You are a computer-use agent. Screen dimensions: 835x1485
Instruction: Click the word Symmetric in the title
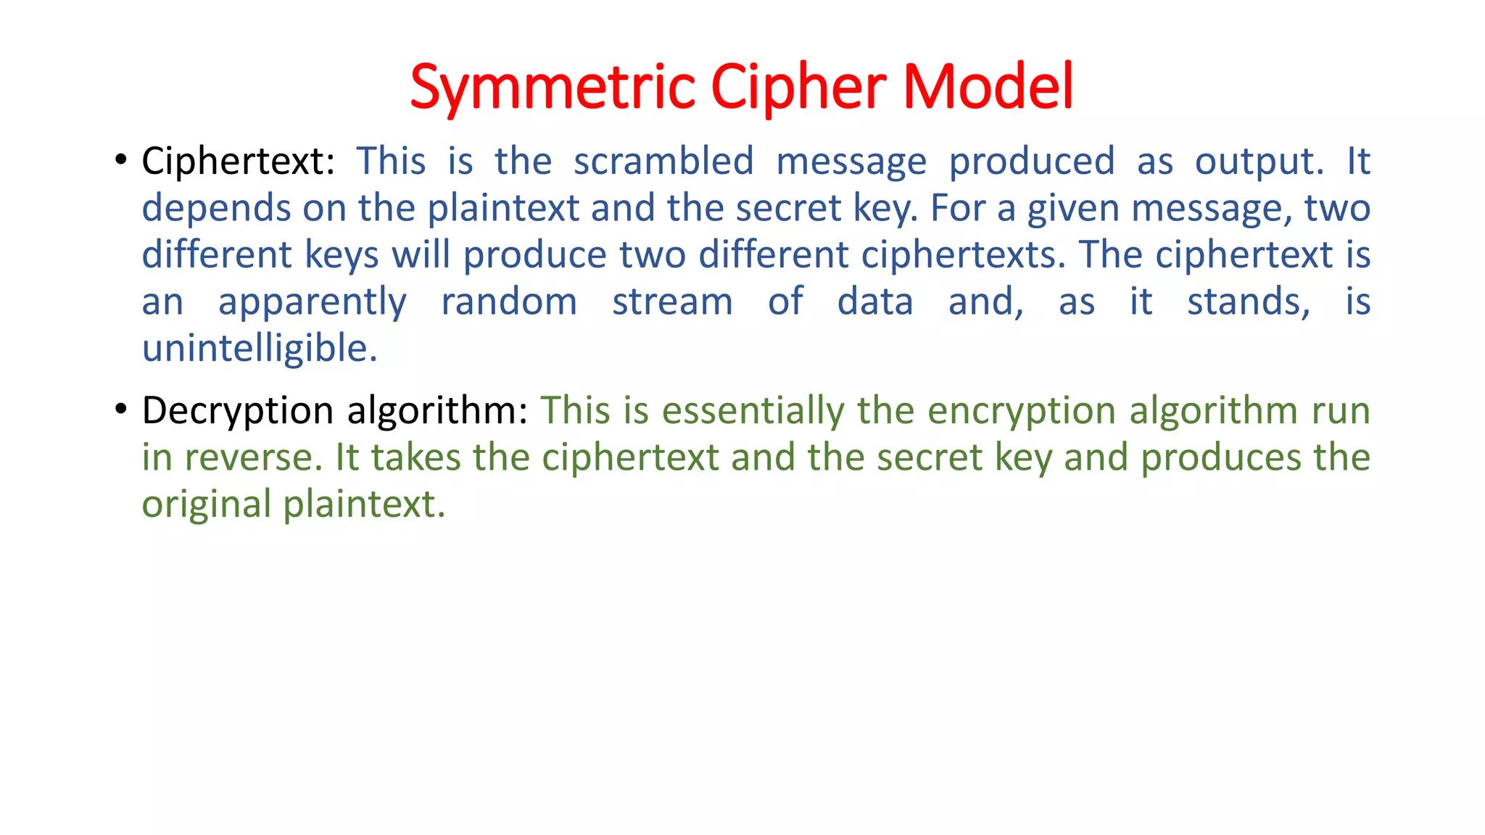[553, 87]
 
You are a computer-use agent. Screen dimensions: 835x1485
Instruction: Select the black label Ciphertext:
[238, 161]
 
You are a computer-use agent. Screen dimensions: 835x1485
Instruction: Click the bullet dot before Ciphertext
[121, 159]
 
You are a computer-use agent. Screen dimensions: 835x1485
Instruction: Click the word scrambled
[663, 161]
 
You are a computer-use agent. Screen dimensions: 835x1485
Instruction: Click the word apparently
[313, 303]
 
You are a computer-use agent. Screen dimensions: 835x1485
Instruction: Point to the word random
[509, 302]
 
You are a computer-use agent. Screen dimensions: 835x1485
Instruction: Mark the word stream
[672, 302]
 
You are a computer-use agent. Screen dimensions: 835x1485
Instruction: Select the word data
[875, 302]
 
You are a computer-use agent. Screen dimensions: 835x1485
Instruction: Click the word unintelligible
[259, 349]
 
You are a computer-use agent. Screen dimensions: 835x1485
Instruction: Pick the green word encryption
[1022, 411]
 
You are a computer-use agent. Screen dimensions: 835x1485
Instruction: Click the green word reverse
[253, 458]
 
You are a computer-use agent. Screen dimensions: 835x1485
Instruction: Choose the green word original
[207, 505]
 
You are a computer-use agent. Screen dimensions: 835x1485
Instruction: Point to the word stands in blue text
[1248, 302]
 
